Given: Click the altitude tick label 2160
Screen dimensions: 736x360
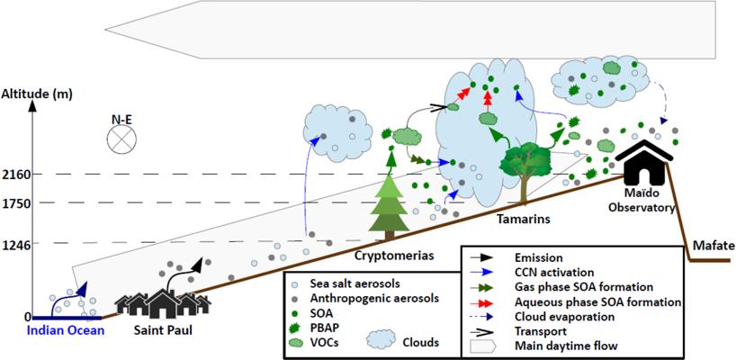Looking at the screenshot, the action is [x=15, y=175].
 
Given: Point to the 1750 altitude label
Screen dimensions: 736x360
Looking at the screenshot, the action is [x=15, y=204].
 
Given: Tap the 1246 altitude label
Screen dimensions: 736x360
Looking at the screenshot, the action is [x=15, y=244].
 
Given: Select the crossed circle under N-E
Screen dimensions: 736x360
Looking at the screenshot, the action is [x=121, y=139].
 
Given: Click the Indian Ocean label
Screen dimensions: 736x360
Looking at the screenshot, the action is [x=66, y=330].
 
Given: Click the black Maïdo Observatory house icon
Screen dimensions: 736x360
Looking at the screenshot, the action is [x=645, y=163].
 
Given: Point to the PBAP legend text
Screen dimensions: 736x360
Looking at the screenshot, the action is [x=322, y=327].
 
